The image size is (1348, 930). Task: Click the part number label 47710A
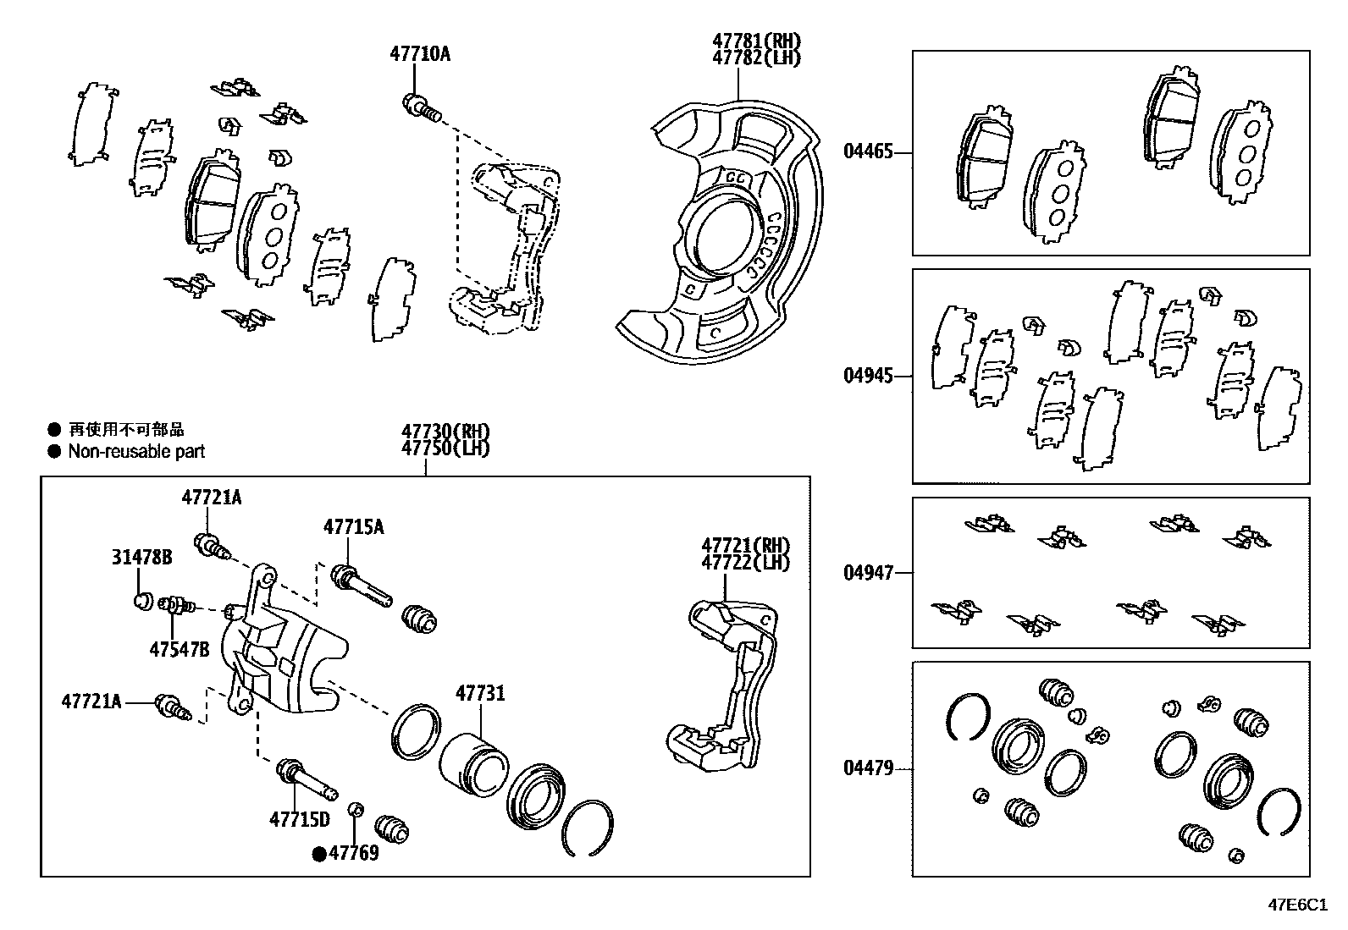coord(419,54)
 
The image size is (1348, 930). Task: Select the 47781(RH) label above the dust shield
coord(755,41)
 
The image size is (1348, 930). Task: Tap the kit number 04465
coord(868,153)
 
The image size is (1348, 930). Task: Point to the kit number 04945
coord(868,376)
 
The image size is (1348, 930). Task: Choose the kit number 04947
coord(868,573)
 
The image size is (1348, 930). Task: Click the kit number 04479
coord(868,768)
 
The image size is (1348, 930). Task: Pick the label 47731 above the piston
coord(480,694)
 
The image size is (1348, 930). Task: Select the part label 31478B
coord(141,557)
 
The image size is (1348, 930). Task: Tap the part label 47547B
coord(179,650)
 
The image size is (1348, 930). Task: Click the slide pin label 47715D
coord(299,819)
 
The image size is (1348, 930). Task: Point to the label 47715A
coord(353,527)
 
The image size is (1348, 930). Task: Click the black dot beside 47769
coord(319,854)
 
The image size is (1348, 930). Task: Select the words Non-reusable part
coord(136,452)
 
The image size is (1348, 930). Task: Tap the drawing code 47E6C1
coord(1296,904)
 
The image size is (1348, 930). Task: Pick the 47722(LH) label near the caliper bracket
coord(744,562)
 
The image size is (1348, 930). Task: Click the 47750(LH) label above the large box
coord(445,448)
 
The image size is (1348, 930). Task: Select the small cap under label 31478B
coord(142,602)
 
